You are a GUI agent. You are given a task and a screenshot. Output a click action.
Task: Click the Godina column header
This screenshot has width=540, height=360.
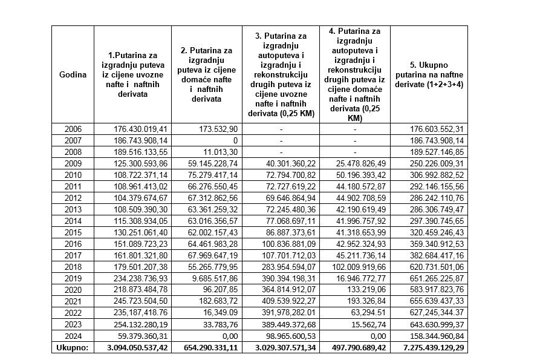click(73, 74)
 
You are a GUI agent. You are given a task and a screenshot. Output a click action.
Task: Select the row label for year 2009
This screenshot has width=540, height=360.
click(73, 163)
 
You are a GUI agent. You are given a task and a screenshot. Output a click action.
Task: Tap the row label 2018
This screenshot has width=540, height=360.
click(73, 266)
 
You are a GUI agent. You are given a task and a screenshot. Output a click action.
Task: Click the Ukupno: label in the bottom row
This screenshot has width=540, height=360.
click(73, 349)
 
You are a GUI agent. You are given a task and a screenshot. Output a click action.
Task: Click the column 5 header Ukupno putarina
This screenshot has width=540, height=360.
click(429, 74)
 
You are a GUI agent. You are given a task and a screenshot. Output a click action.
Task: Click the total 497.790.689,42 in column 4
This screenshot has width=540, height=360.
click(356, 349)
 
